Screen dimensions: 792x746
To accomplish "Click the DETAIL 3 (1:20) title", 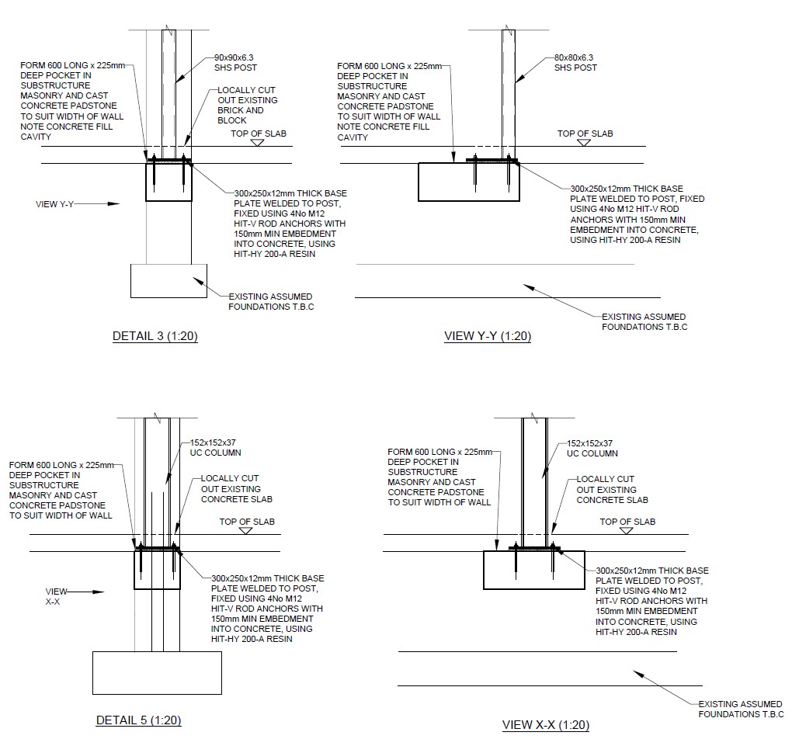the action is [x=155, y=336].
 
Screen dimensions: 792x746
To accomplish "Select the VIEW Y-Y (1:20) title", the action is [x=488, y=336].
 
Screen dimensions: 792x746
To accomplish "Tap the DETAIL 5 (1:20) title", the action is [x=138, y=720].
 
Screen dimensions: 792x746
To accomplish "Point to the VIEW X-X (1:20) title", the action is [x=546, y=725].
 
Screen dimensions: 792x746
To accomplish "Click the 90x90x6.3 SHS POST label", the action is [x=235, y=63].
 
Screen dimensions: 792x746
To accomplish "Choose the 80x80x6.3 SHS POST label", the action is [x=575, y=63].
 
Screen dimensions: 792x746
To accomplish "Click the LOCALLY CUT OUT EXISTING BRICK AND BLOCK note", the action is [x=248, y=105].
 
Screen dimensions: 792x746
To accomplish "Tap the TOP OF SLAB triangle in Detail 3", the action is [x=258, y=143].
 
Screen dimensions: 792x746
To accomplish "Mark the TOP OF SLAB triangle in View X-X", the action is [x=627, y=531].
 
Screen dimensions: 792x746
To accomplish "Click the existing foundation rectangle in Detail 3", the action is [x=168, y=281].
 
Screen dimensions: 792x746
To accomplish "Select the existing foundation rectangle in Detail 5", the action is [x=157, y=673].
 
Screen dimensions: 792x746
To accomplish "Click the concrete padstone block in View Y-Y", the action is [x=469, y=182].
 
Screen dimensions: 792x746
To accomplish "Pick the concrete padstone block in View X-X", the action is [x=534, y=570].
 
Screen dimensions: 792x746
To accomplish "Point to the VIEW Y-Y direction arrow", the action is [x=97, y=204].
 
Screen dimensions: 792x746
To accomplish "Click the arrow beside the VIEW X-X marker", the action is [x=86, y=592].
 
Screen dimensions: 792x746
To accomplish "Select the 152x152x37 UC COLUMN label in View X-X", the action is [x=592, y=449].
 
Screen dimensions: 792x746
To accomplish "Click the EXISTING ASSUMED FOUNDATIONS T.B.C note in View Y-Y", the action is [x=644, y=321].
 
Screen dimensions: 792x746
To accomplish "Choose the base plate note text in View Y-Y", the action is [x=637, y=214].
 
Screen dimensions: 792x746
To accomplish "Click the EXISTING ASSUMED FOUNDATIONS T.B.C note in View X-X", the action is [x=741, y=710].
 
